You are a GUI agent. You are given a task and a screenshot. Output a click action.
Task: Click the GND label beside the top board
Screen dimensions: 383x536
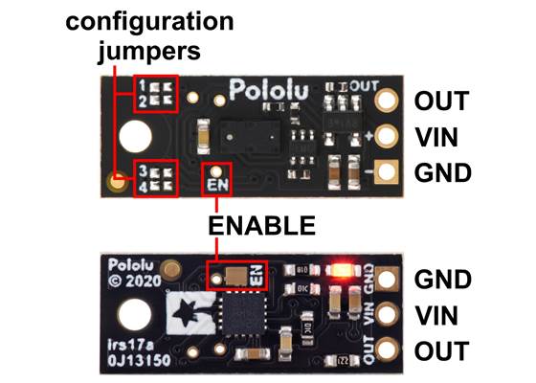[441, 173]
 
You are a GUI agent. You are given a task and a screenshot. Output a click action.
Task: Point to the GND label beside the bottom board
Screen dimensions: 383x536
[442, 280]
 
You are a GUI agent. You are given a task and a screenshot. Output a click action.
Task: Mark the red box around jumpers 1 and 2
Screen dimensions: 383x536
[156, 93]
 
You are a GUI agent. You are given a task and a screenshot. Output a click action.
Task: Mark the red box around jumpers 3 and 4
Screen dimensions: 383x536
[156, 175]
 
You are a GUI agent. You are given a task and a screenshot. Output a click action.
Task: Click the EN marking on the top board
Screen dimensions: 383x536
[218, 179]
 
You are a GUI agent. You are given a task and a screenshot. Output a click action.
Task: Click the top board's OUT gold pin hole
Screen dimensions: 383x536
[388, 101]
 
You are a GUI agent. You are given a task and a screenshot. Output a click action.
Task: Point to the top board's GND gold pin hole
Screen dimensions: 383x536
[388, 173]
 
